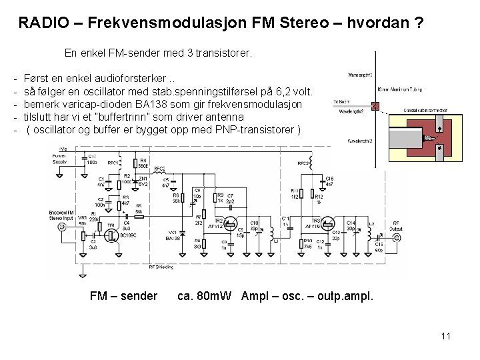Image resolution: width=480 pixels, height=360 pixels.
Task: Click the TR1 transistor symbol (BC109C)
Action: [113, 233]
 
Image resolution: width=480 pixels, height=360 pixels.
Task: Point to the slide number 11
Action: [446, 335]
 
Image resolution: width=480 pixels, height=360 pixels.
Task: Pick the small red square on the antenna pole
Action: [375, 105]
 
